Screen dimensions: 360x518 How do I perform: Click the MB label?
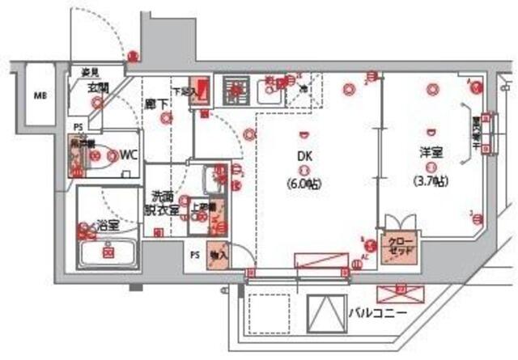point(38,95)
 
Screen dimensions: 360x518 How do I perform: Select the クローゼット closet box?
point(401,246)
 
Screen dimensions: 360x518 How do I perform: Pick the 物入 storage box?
point(217,253)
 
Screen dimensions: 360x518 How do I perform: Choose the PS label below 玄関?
point(79,127)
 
